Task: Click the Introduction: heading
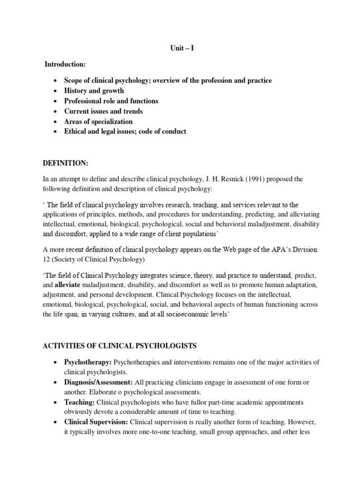pos(65,64)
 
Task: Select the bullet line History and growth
pos(94,90)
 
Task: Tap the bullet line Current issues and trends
pos(103,111)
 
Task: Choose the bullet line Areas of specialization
pos(99,121)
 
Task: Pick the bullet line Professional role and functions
pos(111,101)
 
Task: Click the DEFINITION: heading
pos(66,163)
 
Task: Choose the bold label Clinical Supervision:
pos(96,422)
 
